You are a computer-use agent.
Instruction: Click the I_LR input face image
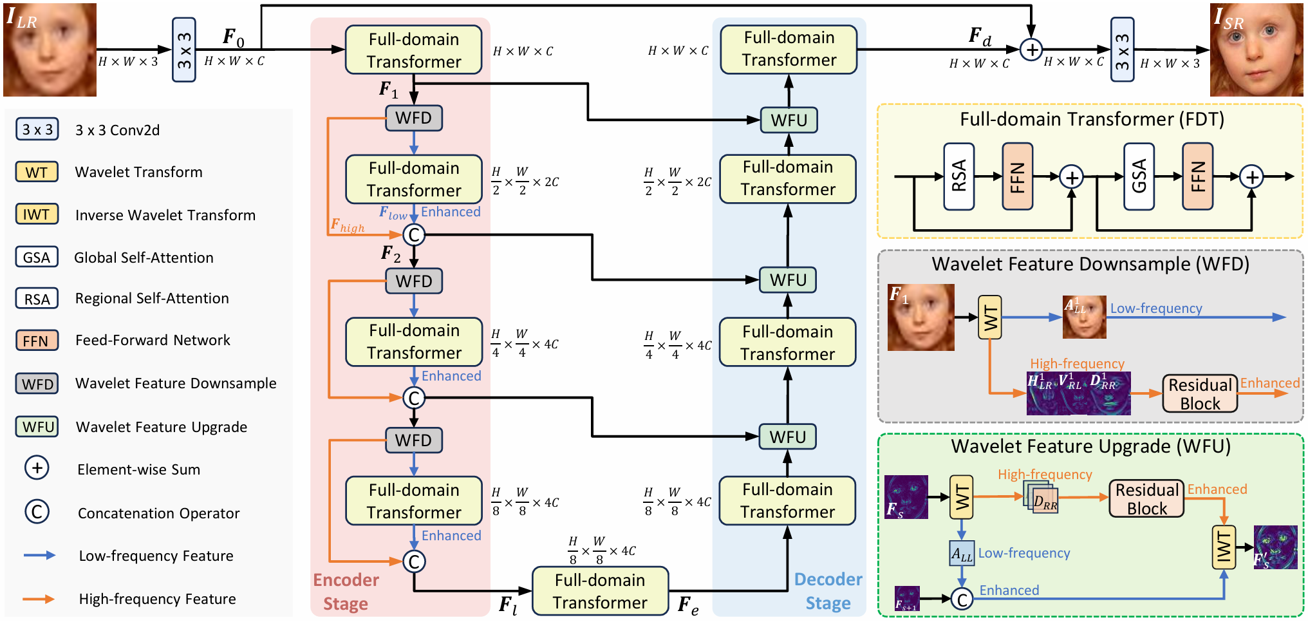pos(50,50)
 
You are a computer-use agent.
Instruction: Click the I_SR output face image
pos(1257,50)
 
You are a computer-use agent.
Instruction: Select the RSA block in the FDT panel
pos(959,176)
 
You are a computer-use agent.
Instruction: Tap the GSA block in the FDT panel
pos(1139,176)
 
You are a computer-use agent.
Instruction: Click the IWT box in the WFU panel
pos(1224,548)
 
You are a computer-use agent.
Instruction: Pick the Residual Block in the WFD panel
pos(1200,393)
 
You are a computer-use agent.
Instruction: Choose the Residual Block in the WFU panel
pos(1146,498)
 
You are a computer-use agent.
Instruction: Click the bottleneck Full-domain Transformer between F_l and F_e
pos(600,591)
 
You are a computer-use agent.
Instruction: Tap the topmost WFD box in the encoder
pos(414,118)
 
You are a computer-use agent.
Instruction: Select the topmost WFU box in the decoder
pos(789,120)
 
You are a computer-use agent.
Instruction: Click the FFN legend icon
pos(37,340)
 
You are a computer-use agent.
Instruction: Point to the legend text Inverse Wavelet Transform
pos(165,215)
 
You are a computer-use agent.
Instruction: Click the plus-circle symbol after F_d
pos(1031,50)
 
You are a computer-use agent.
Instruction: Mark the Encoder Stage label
pos(346,592)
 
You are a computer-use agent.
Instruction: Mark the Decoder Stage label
pos(828,591)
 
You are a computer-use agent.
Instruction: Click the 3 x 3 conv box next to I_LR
pos(184,50)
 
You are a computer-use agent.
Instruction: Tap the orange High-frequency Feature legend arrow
pos(39,599)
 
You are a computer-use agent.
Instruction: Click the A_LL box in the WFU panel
pos(962,553)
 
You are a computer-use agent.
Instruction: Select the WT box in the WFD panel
pos(990,317)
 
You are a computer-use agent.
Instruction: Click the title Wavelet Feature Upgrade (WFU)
pos(1091,446)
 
